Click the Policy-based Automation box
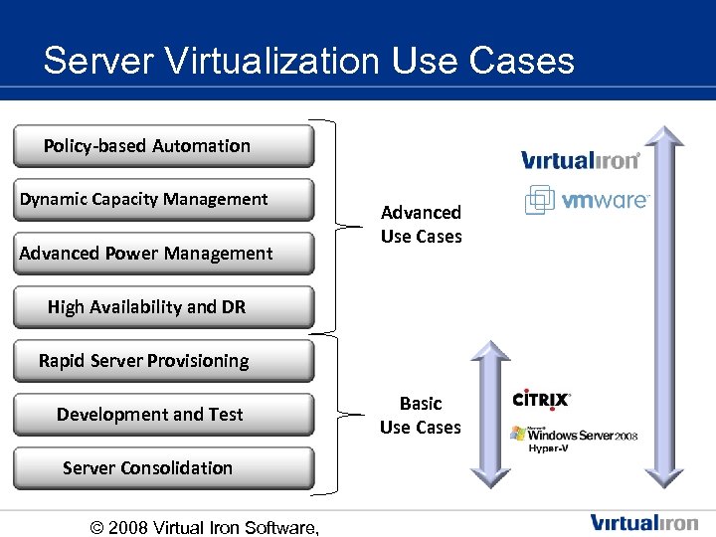pyautogui.click(x=163, y=146)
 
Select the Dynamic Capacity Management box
pyautogui.click(x=163, y=200)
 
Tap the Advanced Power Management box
pyautogui.click(x=163, y=254)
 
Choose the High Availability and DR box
pyautogui.click(x=163, y=307)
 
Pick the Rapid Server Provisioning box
pyautogui.click(x=163, y=361)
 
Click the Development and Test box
pyautogui.click(x=163, y=415)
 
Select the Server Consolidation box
pyautogui.click(x=163, y=468)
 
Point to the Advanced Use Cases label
pyautogui.click(x=421, y=225)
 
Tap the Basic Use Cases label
pyautogui.click(x=421, y=416)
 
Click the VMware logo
pyautogui.click(x=587, y=200)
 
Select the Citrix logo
pyautogui.click(x=541, y=400)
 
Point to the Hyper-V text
pyautogui.click(x=547, y=449)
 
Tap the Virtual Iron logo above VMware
pyautogui.click(x=581, y=159)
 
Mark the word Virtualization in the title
pyautogui.click(x=266, y=62)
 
